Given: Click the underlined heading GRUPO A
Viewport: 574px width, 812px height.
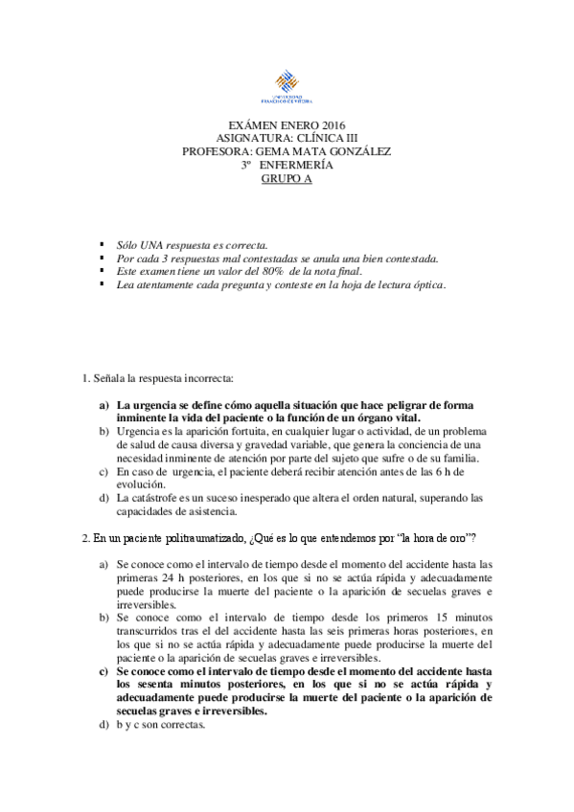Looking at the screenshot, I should pos(287,178).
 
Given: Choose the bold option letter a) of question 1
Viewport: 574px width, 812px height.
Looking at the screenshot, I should pos(104,405).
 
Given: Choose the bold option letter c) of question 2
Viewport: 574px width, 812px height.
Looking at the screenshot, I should pos(104,671).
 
